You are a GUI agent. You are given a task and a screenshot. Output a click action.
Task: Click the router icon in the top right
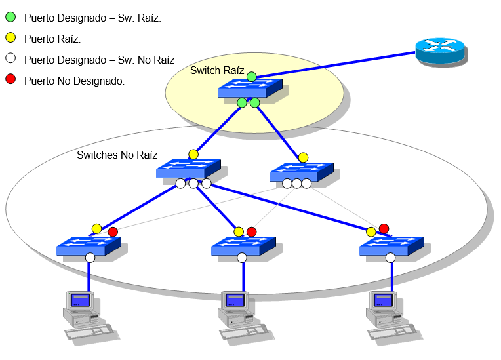(x=440, y=50)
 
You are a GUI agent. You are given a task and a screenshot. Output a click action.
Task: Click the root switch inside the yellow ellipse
(x=250, y=89)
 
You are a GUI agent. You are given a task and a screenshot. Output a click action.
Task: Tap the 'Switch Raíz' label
(x=217, y=70)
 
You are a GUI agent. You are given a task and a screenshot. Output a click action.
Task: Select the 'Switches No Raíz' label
(x=117, y=155)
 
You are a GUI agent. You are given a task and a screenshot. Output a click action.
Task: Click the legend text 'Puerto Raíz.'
(x=52, y=39)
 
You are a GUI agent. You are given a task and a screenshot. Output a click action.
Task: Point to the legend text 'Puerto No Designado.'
(x=74, y=81)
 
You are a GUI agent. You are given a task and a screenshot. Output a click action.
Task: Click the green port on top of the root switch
(x=252, y=77)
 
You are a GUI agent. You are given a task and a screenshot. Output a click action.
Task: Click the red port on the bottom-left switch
(x=113, y=231)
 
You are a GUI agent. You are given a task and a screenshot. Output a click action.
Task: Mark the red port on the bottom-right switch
(x=384, y=228)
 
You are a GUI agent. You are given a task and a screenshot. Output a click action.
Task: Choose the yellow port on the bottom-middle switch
(x=239, y=231)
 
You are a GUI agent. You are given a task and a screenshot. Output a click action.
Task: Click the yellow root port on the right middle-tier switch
(x=303, y=157)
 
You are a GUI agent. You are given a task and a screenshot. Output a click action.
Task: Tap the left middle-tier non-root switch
(x=188, y=170)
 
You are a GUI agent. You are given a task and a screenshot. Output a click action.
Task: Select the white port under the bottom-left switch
(x=90, y=258)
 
